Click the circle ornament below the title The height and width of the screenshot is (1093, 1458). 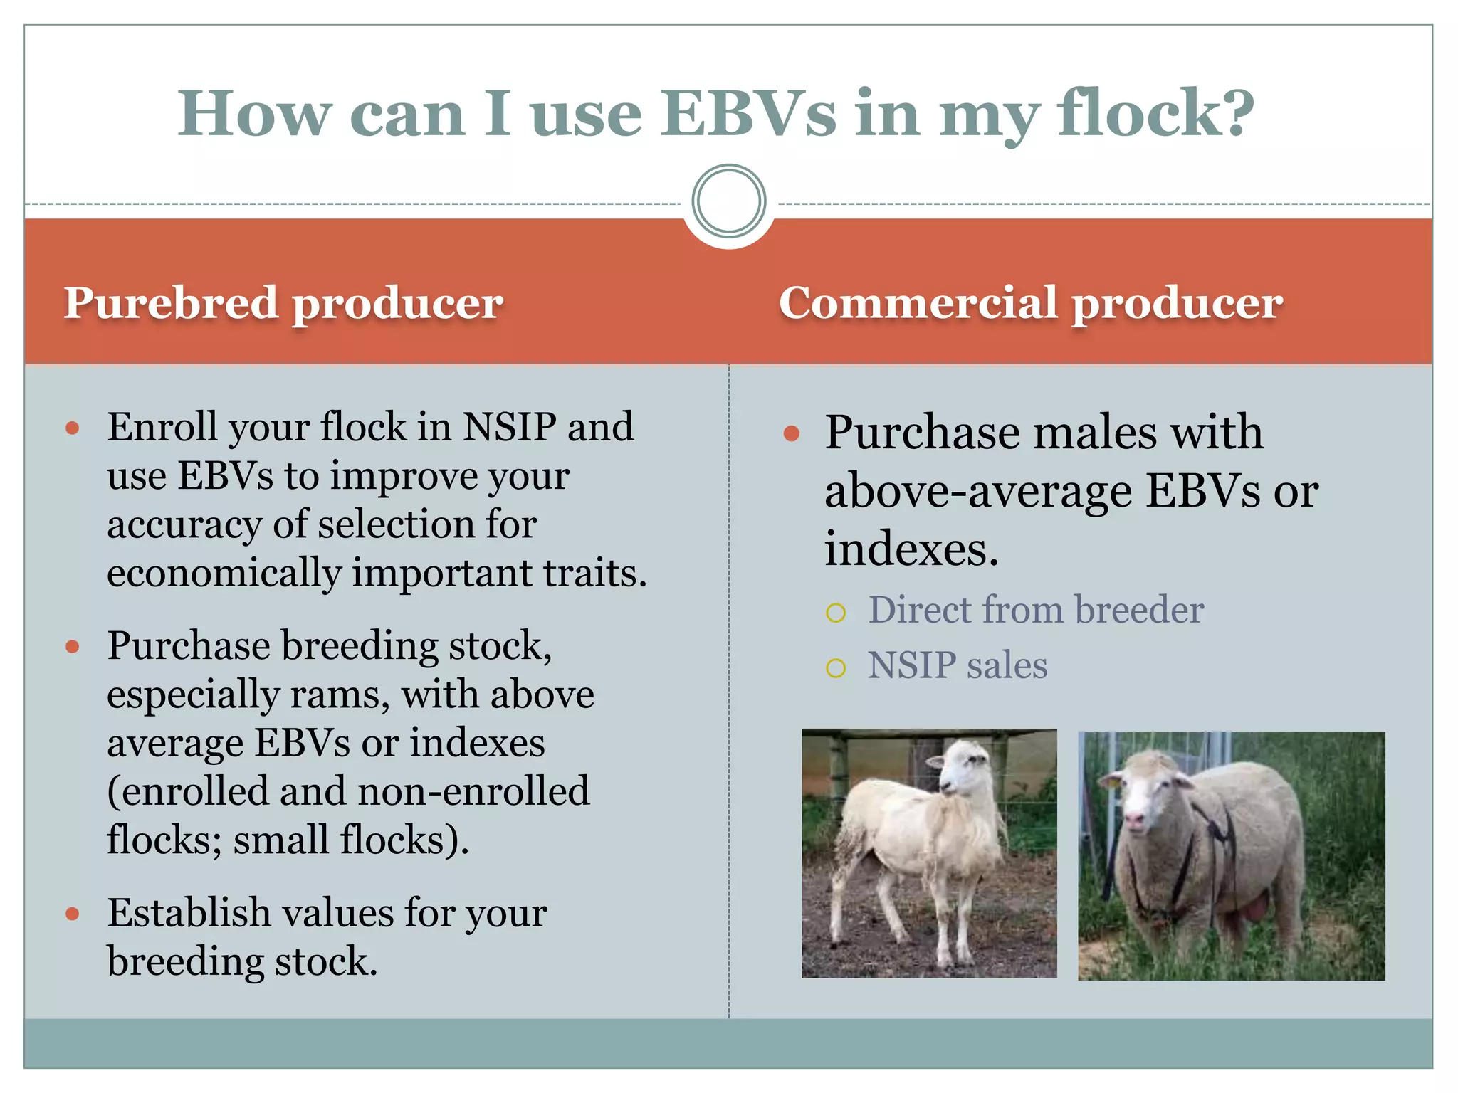coord(728,201)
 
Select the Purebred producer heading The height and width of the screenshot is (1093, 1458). coord(283,303)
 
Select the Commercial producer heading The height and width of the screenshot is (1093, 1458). coord(1030,303)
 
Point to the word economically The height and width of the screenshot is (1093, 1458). coord(224,574)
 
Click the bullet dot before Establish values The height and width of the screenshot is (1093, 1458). coord(72,914)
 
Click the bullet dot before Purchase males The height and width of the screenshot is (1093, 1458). coord(791,433)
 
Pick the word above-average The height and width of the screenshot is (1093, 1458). coord(978,492)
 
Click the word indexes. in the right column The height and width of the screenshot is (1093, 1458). coord(911,550)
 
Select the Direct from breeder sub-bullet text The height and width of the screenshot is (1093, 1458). coord(1036,610)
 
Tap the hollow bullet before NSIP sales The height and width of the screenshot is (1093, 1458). coord(836,667)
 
